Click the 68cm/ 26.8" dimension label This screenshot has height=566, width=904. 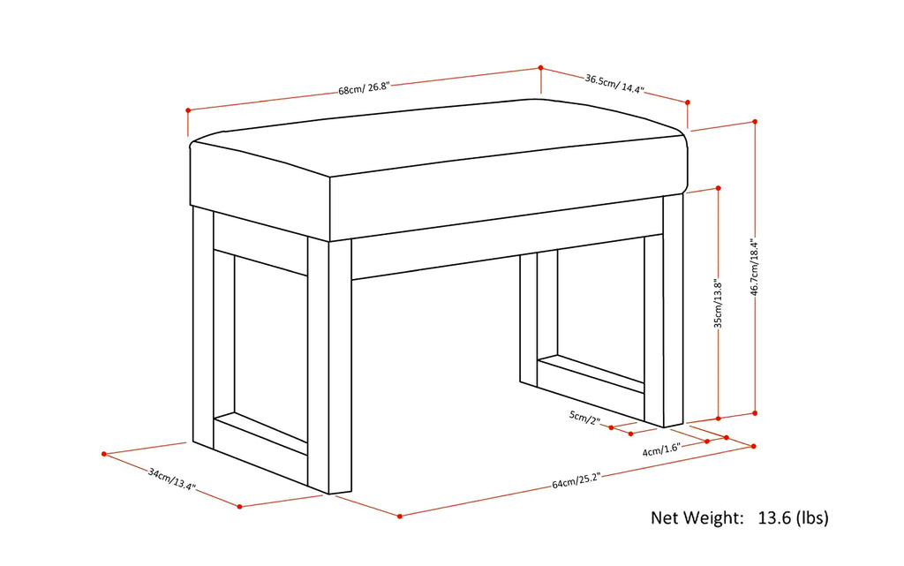click(365, 89)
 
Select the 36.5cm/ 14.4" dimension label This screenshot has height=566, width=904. click(614, 84)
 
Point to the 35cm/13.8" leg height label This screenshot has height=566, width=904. click(719, 304)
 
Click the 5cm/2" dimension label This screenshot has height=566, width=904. click(584, 418)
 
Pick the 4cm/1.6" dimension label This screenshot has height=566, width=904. click(662, 449)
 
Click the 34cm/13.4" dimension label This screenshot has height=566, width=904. click(172, 479)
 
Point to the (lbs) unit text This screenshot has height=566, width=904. click(812, 518)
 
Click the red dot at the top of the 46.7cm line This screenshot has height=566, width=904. click(756, 122)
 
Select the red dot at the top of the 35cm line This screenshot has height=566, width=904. click(719, 188)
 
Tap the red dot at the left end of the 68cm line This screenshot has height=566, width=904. click(188, 110)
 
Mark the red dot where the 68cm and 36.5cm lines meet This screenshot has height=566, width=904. click(541, 67)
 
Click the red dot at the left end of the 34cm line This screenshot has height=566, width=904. click(104, 454)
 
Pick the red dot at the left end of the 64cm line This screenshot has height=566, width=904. click(400, 516)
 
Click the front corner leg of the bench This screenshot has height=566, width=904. click(329, 366)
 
